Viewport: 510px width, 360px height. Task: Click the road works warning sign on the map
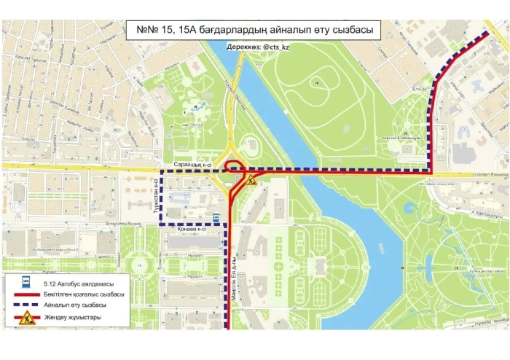pos(250,179)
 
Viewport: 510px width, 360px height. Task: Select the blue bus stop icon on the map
pos(216,216)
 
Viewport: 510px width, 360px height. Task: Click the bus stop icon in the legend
pos(26,281)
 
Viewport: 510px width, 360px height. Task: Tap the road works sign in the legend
pos(26,318)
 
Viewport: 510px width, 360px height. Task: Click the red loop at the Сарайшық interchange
pos(234,165)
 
